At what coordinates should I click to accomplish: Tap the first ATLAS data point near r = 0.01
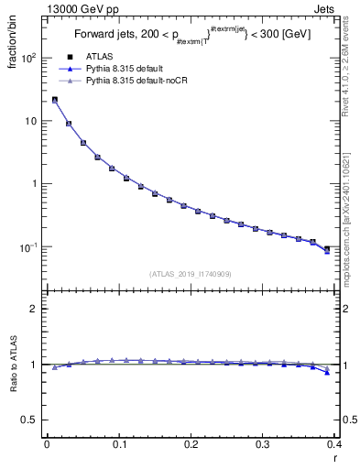pyautogui.click(x=55, y=101)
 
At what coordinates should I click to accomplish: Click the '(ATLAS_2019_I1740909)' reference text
pyautogui.click(x=190, y=274)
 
